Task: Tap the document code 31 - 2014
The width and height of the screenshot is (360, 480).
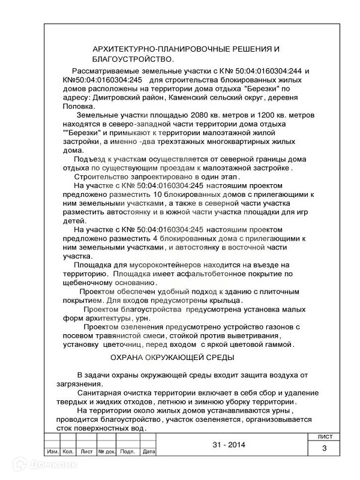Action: coord(229,445)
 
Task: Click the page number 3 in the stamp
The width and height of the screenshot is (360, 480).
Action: coord(324,448)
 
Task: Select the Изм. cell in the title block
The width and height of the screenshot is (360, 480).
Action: coord(52,451)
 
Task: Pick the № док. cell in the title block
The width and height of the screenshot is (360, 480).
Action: coord(106,451)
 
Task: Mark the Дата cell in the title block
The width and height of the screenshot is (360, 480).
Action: coord(149,451)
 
